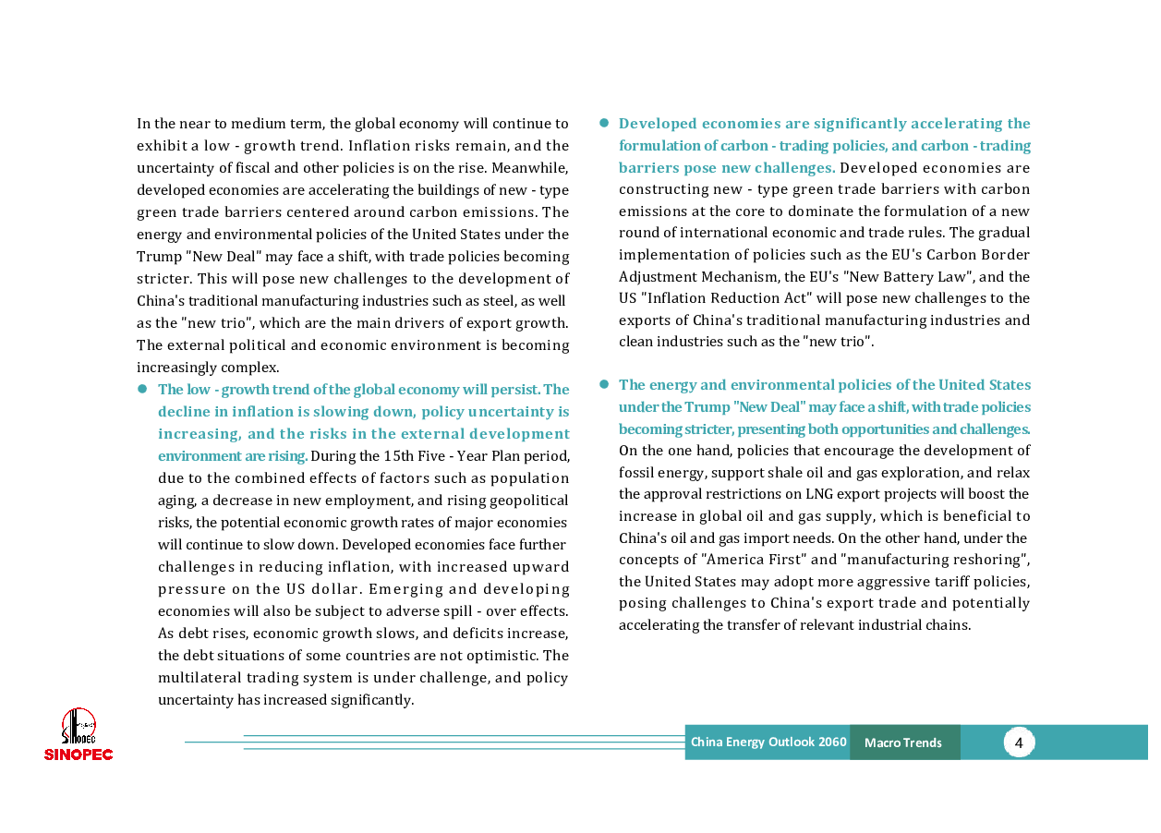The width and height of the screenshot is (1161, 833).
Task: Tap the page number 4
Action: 1018,742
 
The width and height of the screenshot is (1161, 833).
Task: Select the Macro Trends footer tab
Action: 903,742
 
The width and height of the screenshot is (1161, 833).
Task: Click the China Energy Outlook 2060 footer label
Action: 768,742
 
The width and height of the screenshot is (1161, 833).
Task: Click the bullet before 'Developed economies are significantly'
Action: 604,123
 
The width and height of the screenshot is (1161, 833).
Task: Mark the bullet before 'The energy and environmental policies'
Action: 604,384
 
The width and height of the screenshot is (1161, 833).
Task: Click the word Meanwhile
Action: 530,168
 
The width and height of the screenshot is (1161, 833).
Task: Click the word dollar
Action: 336,589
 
